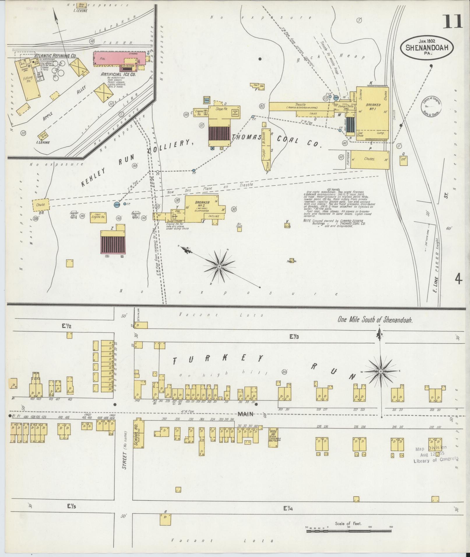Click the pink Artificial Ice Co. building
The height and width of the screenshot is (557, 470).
pyautogui.click(x=119, y=59)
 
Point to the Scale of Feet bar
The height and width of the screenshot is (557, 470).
pyautogui.click(x=350, y=531)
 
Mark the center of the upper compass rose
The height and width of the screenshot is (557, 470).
pyautogui.click(x=219, y=266)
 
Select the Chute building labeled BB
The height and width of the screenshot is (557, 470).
pyautogui.click(x=41, y=204)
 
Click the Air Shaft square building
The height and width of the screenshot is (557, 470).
pyautogui.click(x=239, y=229)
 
